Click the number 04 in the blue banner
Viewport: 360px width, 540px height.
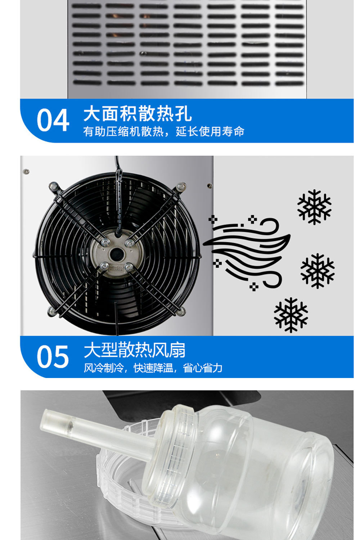pyautogui.click(x=53, y=121)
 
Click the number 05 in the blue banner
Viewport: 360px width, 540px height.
pyautogui.click(x=53, y=356)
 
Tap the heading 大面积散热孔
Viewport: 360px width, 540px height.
pyautogui.click(x=138, y=114)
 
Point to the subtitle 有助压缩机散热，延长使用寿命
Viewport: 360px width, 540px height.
pyautogui.click(x=163, y=132)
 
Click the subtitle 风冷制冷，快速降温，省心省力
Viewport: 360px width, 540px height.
pyautogui.click(x=153, y=368)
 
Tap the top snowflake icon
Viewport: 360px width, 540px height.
pyautogui.click(x=314, y=207)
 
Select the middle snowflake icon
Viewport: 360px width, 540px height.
pyautogui.click(x=317, y=270)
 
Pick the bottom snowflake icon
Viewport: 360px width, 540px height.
pyautogui.click(x=291, y=315)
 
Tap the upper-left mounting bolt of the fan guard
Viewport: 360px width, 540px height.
pyautogui.click(x=54, y=186)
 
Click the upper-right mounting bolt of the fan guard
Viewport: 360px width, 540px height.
pyautogui.click(x=181, y=186)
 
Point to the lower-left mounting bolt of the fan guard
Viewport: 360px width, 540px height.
pyautogui.click(x=51, y=311)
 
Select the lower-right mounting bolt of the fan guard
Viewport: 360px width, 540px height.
pyautogui.click(x=181, y=311)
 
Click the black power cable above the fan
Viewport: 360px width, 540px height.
pyautogui.click(x=117, y=169)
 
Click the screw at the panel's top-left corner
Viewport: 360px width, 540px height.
pyautogui.click(x=26, y=171)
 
